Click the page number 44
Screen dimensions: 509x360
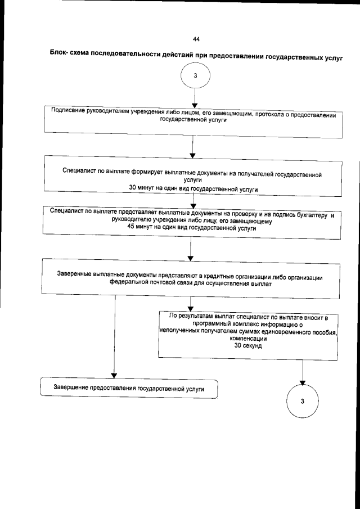pyautogui.click(x=195, y=39)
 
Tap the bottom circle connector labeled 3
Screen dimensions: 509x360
pyautogui.click(x=303, y=401)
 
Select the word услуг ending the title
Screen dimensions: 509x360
pyautogui.click(x=331, y=58)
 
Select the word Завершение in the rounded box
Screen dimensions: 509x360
pyautogui.click(x=73, y=388)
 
